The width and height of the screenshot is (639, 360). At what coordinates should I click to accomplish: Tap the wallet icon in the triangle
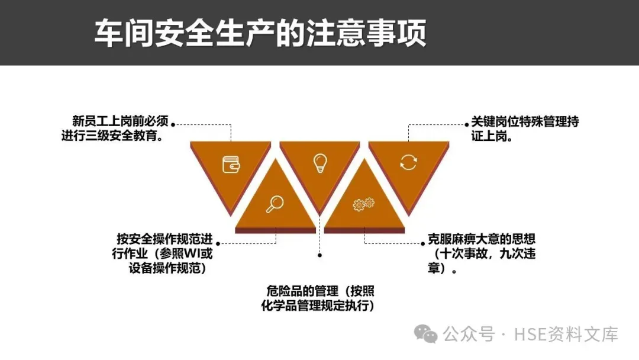tap(231, 164)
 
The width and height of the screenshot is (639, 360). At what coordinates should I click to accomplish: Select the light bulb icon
tap(320, 162)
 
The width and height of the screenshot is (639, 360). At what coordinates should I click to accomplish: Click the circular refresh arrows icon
tap(408, 162)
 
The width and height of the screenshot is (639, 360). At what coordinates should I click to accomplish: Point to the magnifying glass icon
tap(275, 204)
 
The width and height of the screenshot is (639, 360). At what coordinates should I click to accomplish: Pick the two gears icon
tap(363, 204)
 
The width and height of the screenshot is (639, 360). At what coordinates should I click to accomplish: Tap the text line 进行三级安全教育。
tap(112, 136)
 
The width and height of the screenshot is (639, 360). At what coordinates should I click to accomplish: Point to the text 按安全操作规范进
tap(164, 240)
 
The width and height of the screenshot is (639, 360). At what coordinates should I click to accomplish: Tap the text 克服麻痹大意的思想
tap(482, 240)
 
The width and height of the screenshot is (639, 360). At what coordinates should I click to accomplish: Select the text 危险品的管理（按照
tap(320, 291)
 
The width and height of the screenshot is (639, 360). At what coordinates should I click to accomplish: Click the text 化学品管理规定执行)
tap(318, 306)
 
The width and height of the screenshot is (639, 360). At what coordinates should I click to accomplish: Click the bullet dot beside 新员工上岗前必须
tap(173, 124)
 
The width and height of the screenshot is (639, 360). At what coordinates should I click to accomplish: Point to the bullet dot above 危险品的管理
tap(320, 255)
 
